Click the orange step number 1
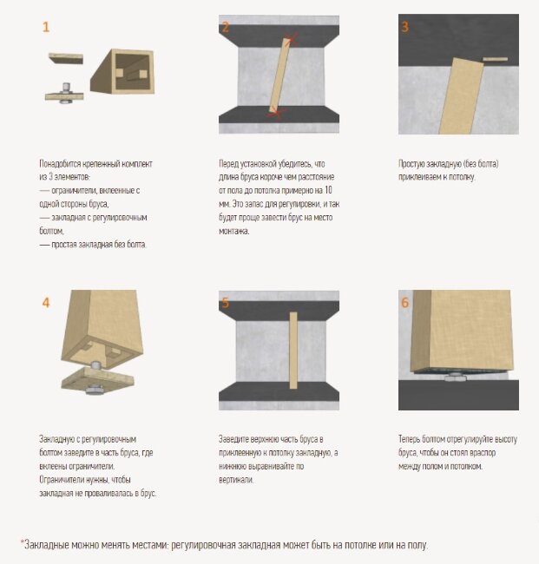46,27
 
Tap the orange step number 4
46,303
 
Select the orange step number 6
404,303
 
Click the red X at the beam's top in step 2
292,39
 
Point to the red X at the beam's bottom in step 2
276,114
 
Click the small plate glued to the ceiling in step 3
495,59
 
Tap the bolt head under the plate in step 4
95,390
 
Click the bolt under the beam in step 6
455,377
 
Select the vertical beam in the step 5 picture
293,351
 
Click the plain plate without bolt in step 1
66,58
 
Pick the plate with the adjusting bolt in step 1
64,95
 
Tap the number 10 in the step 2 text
328,190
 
